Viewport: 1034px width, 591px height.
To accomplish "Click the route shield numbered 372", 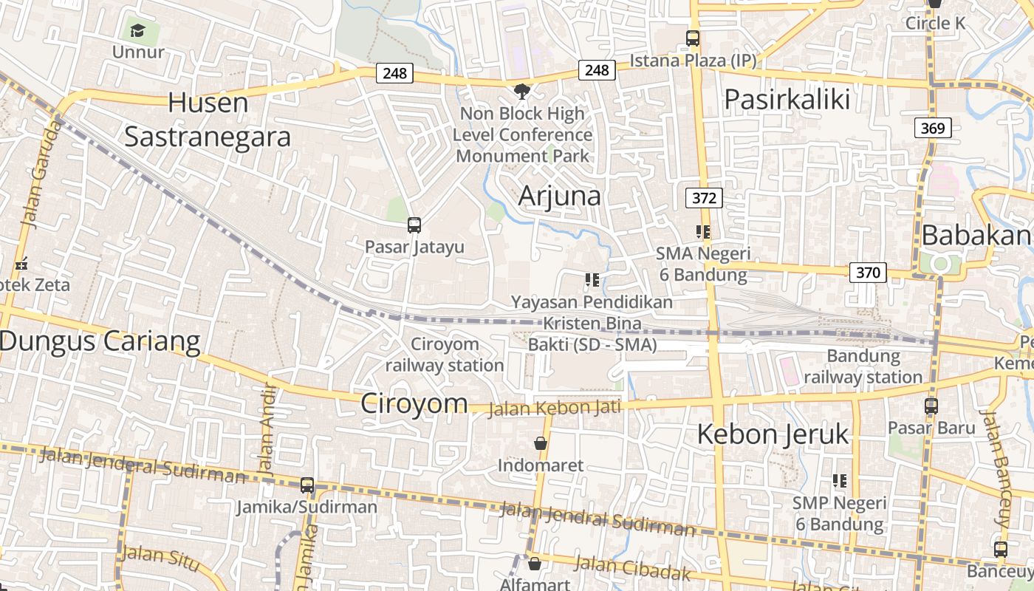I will click(x=704, y=198).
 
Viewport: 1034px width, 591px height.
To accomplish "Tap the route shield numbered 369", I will click(x=932, y=128).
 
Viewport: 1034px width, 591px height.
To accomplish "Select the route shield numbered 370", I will click(x=868, y=273).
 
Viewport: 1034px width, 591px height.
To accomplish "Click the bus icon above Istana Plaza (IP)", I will click(x=693, y=38).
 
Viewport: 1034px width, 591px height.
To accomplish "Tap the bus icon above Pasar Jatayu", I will click(x=414, y=225).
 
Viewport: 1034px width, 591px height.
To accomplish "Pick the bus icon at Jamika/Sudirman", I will click(x=307, y=485).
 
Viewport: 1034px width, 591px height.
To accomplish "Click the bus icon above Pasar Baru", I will click(x=931, y=406).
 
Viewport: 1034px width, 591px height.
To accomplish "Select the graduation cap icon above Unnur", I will click(x=137, y=30).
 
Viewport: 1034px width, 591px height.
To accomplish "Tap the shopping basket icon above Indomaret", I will click(x=541, y=443).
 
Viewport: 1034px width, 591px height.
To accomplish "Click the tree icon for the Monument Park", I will click(x=522, y=92).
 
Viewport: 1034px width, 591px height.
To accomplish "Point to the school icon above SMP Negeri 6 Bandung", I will click(x=839, y=481).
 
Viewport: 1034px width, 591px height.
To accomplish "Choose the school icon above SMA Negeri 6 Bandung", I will click(x=702, y=232).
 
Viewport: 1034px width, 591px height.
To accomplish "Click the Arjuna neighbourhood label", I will click(x=559, y=196).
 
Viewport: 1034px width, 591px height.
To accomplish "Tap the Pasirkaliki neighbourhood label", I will click(x=787, y=99).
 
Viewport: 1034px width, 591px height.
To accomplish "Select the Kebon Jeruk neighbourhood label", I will click(x=773, y=434).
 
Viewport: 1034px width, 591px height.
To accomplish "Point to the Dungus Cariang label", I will click(x=100, y=341).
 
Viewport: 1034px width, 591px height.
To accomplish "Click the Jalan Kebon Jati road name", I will click(x=555, y=407).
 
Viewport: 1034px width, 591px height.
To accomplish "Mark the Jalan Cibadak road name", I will click(x=633, y=568).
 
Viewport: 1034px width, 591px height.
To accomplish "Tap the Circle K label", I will click(x=935, y=23).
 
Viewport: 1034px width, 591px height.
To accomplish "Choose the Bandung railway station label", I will click(x=863, y=366).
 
